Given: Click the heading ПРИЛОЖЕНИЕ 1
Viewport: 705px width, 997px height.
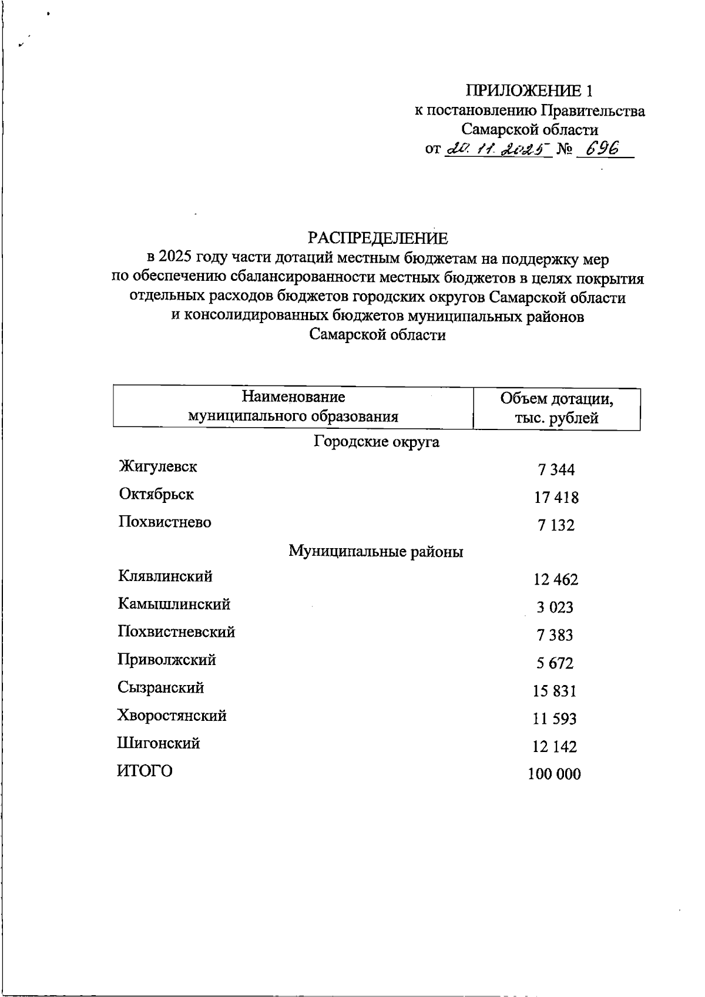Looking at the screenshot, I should click(x=529, y=91).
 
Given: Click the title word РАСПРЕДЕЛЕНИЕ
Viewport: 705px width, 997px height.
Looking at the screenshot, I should click(x=378, y=238).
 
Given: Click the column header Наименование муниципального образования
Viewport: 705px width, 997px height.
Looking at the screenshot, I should click(x=293, y=407).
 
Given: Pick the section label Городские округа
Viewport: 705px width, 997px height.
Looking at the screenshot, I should click(x=377, y=441).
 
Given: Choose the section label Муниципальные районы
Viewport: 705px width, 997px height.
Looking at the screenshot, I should click(x=376, y=552).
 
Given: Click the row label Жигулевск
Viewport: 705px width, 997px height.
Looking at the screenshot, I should click(x=157, y=466).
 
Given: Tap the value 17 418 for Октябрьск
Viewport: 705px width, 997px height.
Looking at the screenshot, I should click(x=556, y=498).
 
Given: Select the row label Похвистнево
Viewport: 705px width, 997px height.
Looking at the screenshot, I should click(x=164, y=522).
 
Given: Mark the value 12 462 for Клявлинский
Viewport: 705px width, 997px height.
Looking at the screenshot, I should click(x=556, y=580).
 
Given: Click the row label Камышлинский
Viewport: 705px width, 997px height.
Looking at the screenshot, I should click(x=174, y=604).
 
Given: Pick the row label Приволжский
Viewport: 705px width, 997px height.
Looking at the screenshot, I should click(x=167, y=660).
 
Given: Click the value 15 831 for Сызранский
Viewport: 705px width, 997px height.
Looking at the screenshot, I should click(x=555, y=691).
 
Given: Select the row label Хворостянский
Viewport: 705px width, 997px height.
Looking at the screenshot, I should click(x=172, y=716).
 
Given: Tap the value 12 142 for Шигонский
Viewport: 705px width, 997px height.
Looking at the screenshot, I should click(x=555, y=747).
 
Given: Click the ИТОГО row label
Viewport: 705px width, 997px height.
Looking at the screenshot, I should click(x=145, y=771).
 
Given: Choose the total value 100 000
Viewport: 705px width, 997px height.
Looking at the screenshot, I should click(x=554, y=774).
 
